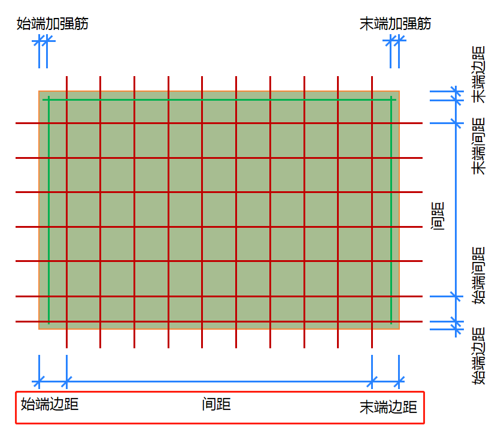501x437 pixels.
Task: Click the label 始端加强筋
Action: pyautogui.click(x=53, y=24)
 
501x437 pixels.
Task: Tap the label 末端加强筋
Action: pyautogui.click(x=395, y=24)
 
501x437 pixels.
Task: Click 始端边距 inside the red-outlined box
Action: pyautogui.click(x=50, y=404)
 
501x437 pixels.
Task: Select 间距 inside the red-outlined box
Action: pyautogui.click(x=217, y=404)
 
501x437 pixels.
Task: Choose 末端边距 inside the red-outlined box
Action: pyautogui.click(x=388, y=408)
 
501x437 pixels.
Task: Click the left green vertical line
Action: pyautogui.click(x=48, y=210)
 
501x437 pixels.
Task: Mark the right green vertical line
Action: pyautogui.click(x=391, y=210)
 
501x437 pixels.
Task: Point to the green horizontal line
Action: pyautogui.click(x=220, y=98)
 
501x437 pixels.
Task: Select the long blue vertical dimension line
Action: pyautogui.click(x=456, y=210)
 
